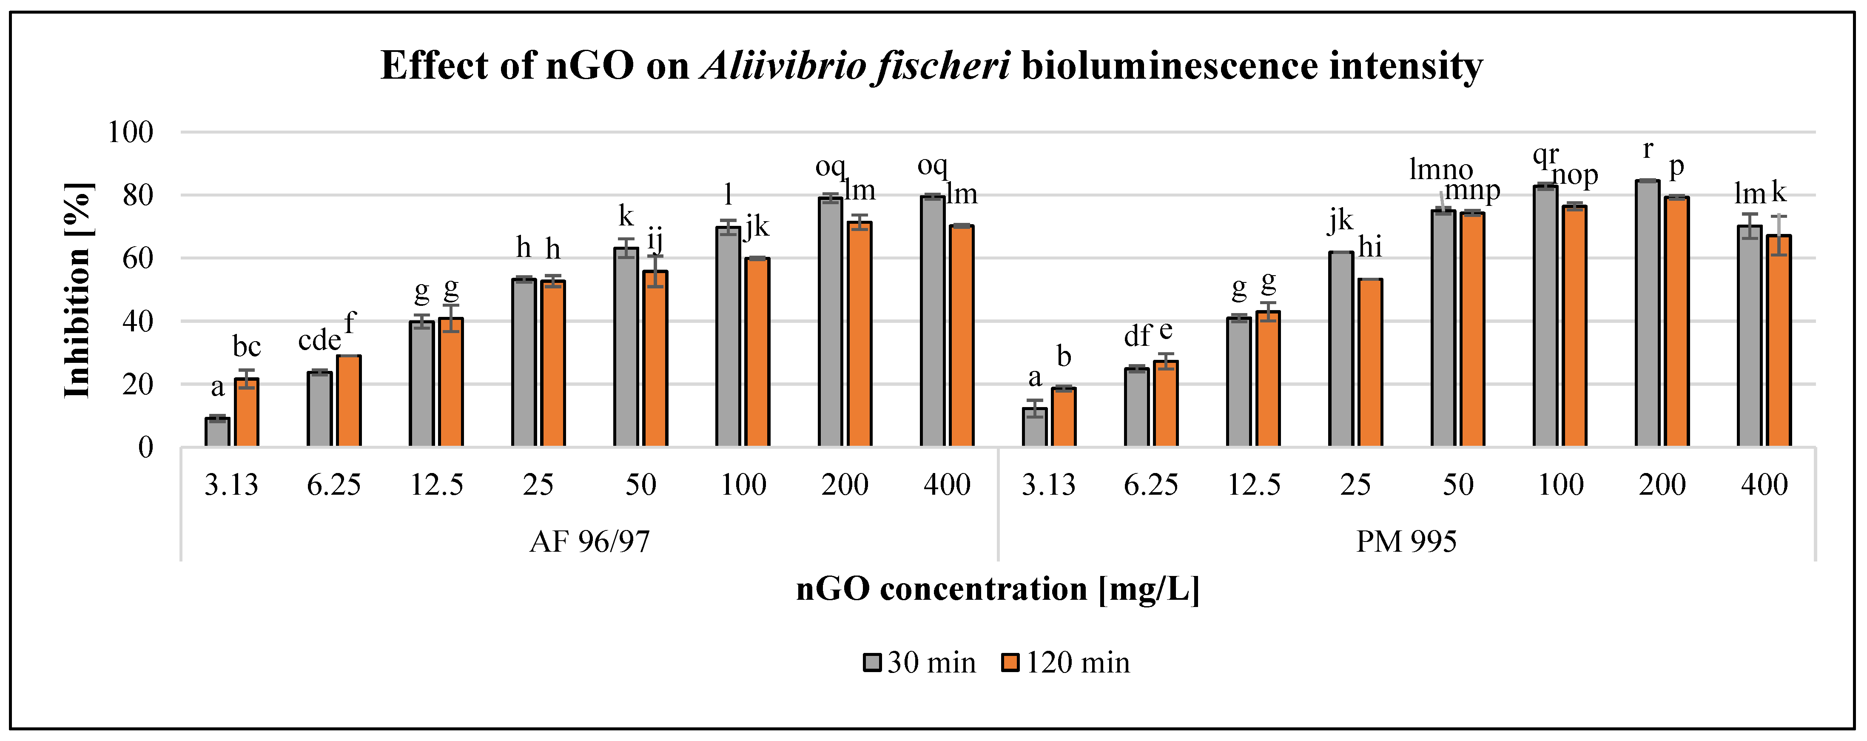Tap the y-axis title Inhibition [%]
tap(77, 290)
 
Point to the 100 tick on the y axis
tap(131, 133)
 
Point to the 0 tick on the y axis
tap(145, 447)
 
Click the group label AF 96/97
tap(589, 541)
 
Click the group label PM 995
tap(1406, 541)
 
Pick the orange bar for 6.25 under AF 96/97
tap(349, 401)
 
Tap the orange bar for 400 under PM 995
tap(1779, 341)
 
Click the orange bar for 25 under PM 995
tap(1370, 362)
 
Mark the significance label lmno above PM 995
tap(1441, 170)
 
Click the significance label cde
tap(319, 340)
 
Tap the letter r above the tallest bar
tap(1648, 149)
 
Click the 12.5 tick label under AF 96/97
tap(436, 484)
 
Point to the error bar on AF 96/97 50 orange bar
tap(655, 271)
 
